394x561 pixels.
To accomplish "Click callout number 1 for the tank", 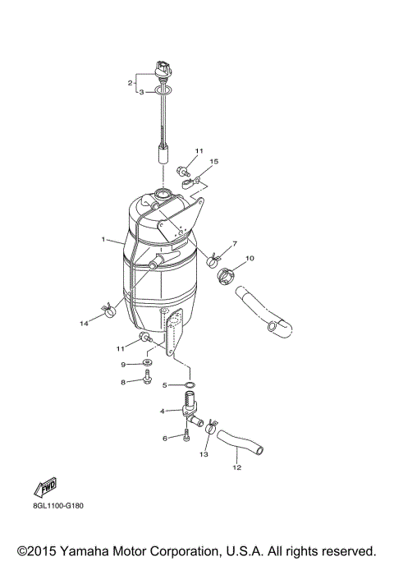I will click(x=103, y=240).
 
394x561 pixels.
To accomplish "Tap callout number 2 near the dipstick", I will click(x=130, y=83).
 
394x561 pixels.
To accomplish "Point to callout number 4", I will click(x=163, y=410).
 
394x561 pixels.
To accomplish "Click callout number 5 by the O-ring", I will click(x=164, y=384).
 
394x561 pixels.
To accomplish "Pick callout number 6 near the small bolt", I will click(x=164, y=439).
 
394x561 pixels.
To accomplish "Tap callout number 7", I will click(x=234, y=243).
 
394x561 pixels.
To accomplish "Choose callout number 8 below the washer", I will click(x=124, y=381).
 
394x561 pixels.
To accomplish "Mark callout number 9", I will click(x=124, y=364).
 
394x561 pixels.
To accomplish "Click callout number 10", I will click(x=250, y=259).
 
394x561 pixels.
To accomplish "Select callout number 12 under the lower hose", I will click(x=236, y=468).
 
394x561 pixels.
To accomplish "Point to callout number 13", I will click(x=204, y=453).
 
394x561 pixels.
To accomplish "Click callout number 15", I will click(x=214, y=162).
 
